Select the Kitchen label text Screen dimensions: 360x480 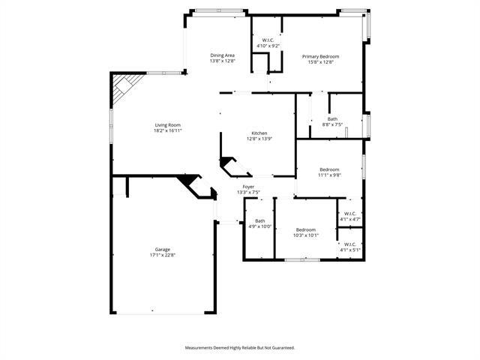(x=259, y=133)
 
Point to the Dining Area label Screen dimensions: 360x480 (x=223, y=55)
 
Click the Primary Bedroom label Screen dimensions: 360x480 (x=321, y=56)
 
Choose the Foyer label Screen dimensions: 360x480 (x=248, y=187)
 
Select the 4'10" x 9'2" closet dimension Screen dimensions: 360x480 (x=268, y=46)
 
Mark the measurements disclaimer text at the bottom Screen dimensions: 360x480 (x=240, y=347)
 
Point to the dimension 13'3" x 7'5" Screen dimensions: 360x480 (x=248, y=193)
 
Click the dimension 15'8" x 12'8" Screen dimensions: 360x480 (x=321, y=62)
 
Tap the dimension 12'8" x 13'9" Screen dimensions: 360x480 (x=259, y=139)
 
